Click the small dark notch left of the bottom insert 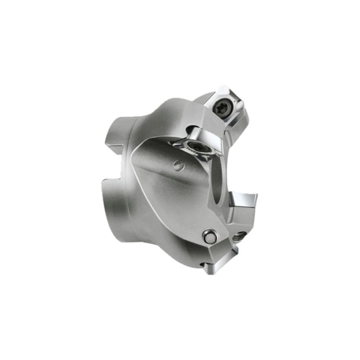click(x=201, y=267)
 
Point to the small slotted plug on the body click(x=179, y=166)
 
